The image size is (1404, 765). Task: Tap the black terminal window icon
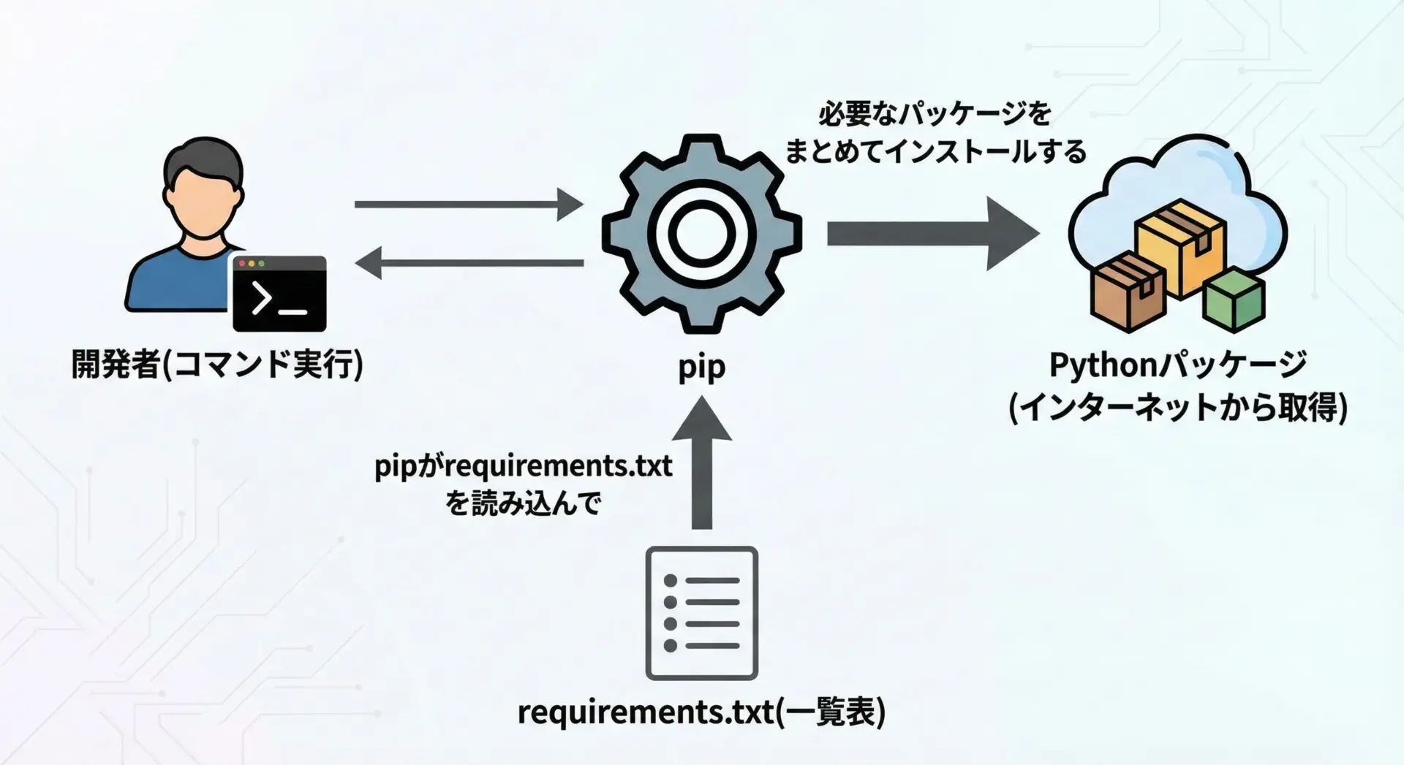[x=279, y=294]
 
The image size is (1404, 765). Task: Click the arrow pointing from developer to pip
[x=468, y=204]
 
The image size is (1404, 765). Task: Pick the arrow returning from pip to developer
[x=468, y=263]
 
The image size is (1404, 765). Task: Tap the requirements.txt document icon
[x=702, y=613]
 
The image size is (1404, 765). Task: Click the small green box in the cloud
[x=1234, y=299]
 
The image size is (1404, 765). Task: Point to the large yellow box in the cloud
[x=1180, y=246]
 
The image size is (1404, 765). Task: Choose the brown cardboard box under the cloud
[x=1128, y=292]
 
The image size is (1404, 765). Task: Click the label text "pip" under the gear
[x=701, y=367]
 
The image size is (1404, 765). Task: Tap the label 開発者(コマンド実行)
[x=217, y=364]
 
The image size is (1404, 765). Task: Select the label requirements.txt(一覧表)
[x=701, y=712]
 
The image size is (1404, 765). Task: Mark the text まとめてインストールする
[x=935, y=151]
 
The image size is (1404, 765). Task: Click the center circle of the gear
[x=701, y=234]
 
